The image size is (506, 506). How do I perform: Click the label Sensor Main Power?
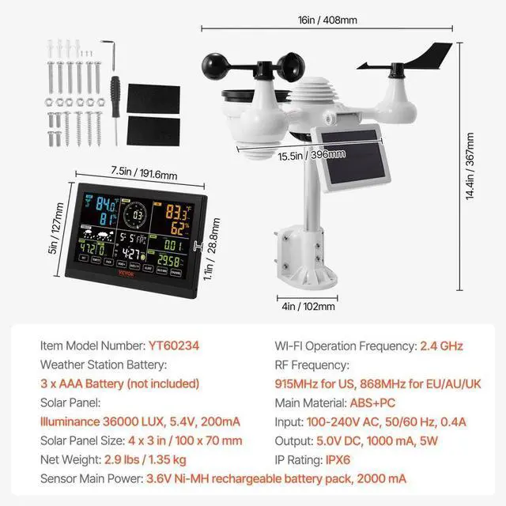point(90,478)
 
